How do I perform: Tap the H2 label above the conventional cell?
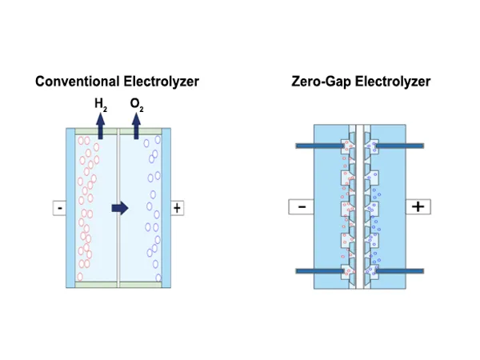[x=100, y=103]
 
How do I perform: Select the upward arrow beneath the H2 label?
[x=100, y=125]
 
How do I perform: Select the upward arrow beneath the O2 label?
[x=136, y=125]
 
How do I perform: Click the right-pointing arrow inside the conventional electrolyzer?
[x=119, y=208]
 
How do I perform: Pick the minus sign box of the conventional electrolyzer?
[x=59, y=208]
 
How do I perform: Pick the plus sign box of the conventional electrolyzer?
[x=177, y=208]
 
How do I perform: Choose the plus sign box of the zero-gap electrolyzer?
[x=417, y=206]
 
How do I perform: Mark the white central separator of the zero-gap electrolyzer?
[x=359, y=206]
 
